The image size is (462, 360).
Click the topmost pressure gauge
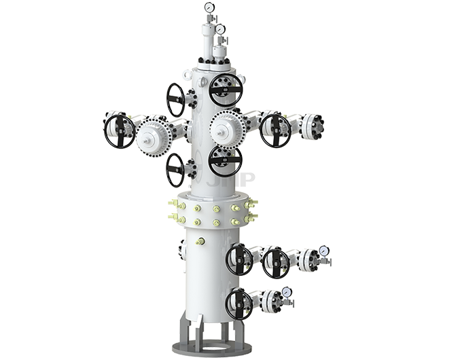[x=207, y=8]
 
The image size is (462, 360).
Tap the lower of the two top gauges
[x=219, y=29]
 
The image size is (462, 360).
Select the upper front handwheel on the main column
[x=226, y=90]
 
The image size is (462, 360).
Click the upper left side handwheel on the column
[x=176, y=99]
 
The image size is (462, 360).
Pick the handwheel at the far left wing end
[x=120, y=131]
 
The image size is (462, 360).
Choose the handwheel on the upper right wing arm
[x=275, y=130]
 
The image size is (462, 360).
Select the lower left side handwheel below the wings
[x=175, y=169]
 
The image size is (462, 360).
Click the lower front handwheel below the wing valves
[x=225, y=160]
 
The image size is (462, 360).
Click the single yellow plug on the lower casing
[x=200, y=240]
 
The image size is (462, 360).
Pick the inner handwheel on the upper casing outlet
[x=239, y=259]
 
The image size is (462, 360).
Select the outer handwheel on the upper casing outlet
[x=275, y=262]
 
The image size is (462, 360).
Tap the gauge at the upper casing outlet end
[x=323, y=251]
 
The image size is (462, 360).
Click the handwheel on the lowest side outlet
[x=238, y=304]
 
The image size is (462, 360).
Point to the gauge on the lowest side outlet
[x=286, y=292]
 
